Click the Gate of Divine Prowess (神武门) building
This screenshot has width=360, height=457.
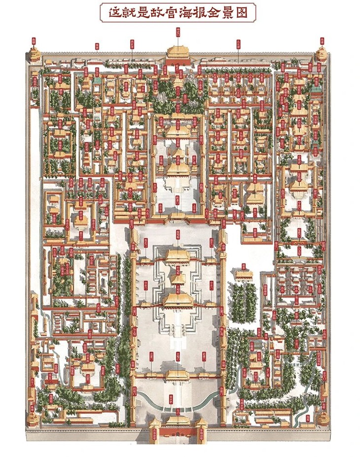coord(178,53)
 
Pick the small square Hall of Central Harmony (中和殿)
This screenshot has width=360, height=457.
coord(178,278)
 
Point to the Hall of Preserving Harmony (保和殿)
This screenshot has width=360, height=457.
coord(178,256)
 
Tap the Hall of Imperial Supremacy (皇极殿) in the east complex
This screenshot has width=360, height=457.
coord(300,185)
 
